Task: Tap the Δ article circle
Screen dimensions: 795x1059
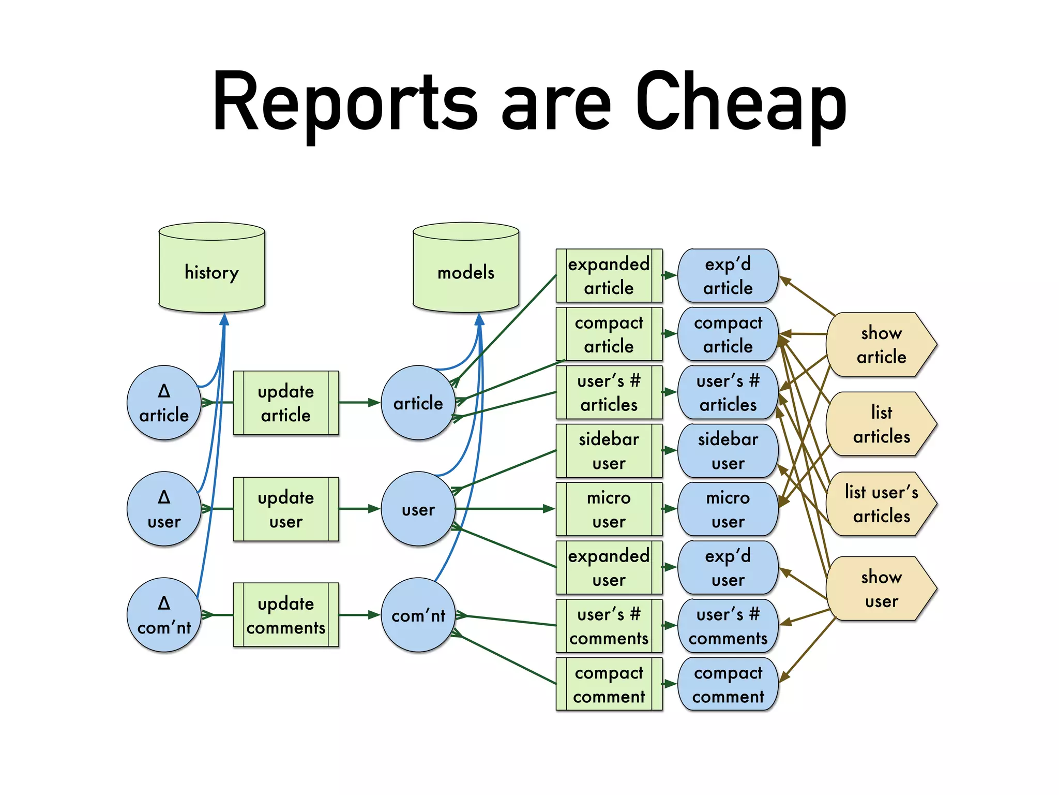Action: click(x=164, y=403)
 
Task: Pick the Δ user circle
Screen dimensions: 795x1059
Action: click(x=164, y=509)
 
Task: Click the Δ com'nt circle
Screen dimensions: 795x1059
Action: click(x=164, y=615)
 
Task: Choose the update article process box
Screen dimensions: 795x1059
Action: click(x=286, y=403)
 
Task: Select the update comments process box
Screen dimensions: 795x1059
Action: click(x=286, y=615)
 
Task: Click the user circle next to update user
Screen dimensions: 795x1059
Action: click(x=418, y=509)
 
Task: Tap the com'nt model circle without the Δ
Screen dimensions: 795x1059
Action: click(x=418, y=615)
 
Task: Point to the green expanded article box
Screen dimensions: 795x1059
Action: click(x=609, y=275)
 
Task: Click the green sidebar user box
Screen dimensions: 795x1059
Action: click(x=609, y=451)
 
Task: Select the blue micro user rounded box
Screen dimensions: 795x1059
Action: click(x=728, y=509)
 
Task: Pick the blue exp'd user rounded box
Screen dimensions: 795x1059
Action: click(x=728, y=568)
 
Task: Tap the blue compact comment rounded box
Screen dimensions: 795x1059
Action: click(x=728, y=684)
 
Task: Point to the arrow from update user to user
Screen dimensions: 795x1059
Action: click(x=359, y=509)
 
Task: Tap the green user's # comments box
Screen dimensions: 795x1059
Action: click(x=609, y=626)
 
